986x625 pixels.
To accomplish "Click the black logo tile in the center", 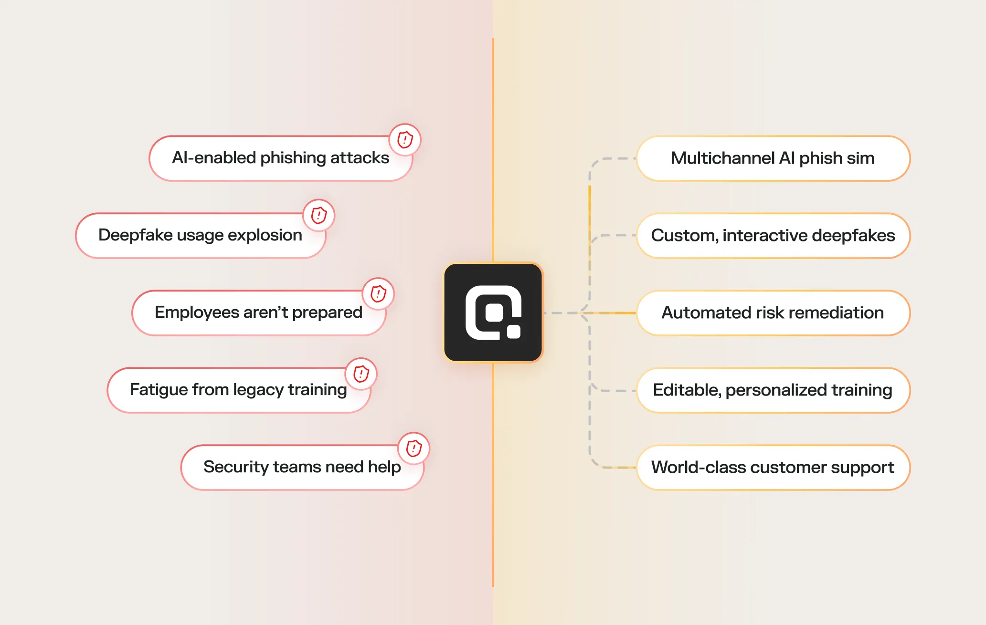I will click(x=493, y=312).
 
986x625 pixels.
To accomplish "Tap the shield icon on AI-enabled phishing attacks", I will click(x=405, y=140).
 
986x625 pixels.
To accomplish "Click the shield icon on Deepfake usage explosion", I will click(x=319, y=215).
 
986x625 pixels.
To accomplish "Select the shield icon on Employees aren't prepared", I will click(x=378, y=293).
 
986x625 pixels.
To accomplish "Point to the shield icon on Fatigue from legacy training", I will click(x=361, y=374).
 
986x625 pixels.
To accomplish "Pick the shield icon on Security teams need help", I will click(x=414, y=448).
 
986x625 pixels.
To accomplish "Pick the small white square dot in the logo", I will click(x=514, y=332).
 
